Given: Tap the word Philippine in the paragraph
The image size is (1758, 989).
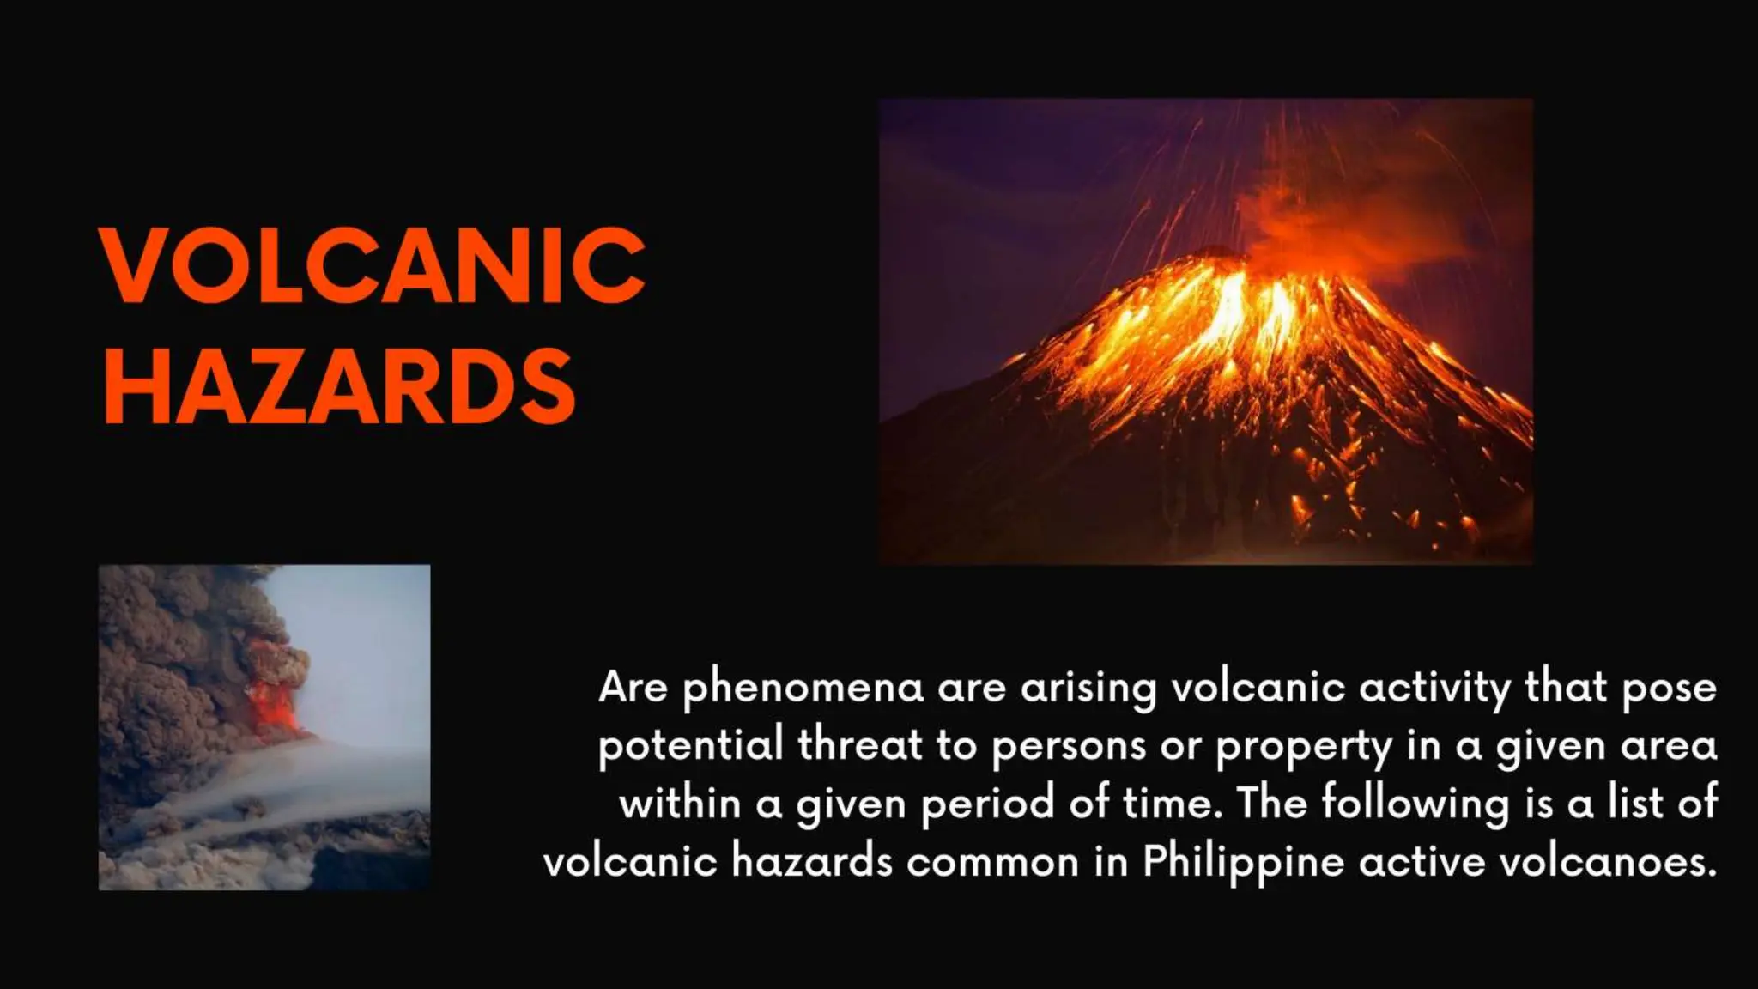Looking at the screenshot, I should tap(1242, 861).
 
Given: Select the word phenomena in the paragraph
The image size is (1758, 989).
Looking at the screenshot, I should tap(803, 687).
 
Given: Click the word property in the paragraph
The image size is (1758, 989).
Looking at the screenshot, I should tap(1303, 745).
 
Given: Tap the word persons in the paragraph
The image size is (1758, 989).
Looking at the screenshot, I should tap(1068, 745).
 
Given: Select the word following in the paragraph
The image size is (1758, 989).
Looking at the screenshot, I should tap(1414, 804).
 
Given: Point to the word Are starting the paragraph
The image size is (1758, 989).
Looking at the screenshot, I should tap(633, 687).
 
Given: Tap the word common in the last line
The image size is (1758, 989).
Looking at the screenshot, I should tap(992, 861).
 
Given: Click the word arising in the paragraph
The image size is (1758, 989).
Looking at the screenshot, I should tap(1088, 687).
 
